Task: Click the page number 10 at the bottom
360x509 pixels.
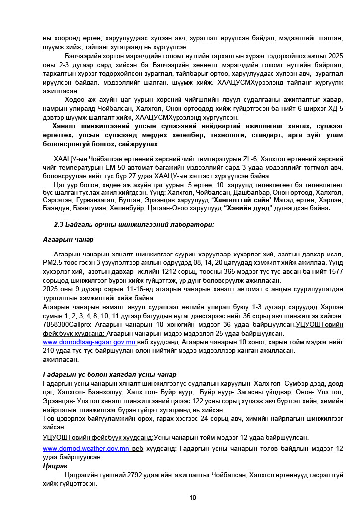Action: point(193,498)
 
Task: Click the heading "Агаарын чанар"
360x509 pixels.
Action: point(68,239)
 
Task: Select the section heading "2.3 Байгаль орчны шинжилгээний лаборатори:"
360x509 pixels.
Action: point(134,224)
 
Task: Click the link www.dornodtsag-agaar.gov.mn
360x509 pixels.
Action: point(90,343)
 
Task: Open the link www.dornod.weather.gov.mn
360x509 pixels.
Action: point(87,448)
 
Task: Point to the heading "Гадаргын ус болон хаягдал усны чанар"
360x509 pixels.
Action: point(109,374)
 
